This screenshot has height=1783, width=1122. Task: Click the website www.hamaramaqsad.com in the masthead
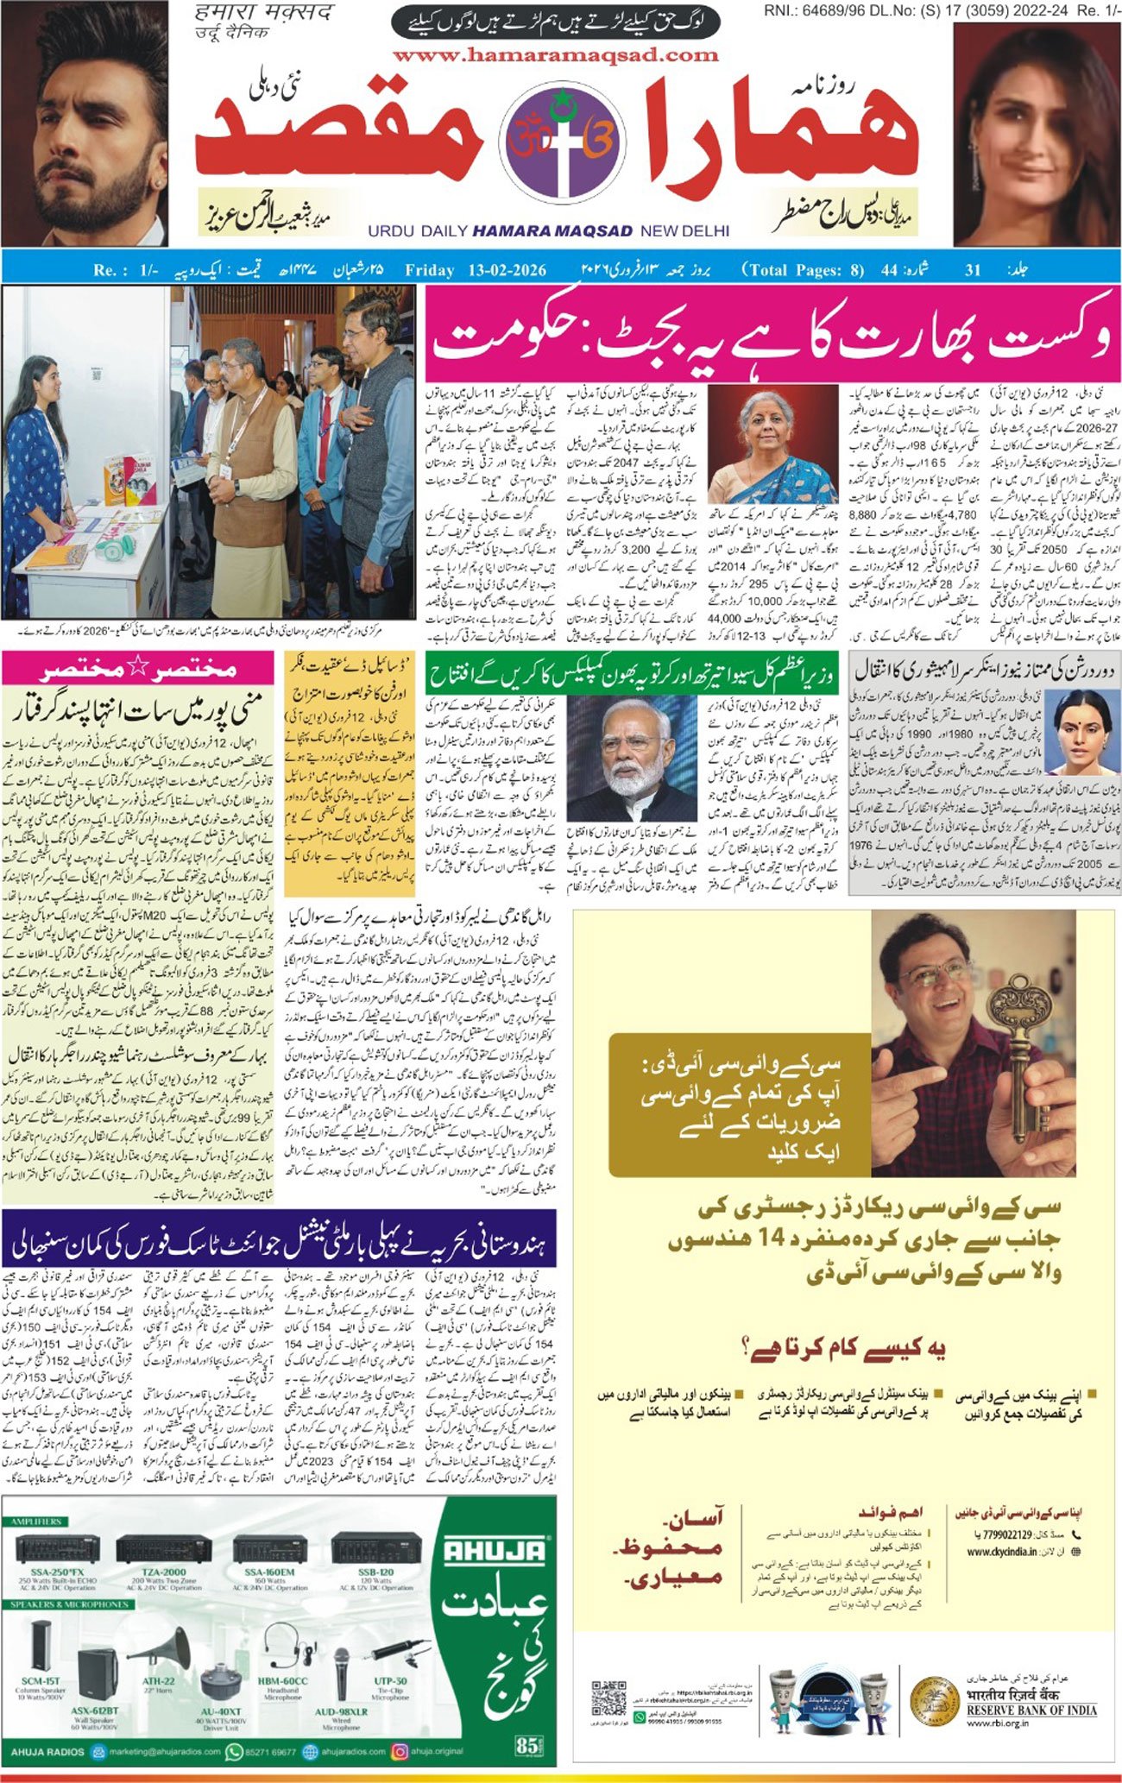(555, 55)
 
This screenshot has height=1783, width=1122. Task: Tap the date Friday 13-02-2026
(476, 270)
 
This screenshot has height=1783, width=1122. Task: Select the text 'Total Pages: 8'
(803, 270)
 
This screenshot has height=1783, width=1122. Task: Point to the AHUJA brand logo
(495, 1551)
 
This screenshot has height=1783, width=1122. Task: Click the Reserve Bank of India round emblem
(935, 1700)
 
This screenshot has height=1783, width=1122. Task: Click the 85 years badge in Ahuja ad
(526, 1744)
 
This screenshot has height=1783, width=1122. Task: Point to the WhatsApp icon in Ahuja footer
(233, 1752)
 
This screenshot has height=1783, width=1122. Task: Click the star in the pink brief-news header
(137, 669)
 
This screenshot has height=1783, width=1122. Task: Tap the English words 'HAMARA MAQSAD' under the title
(552, 231)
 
